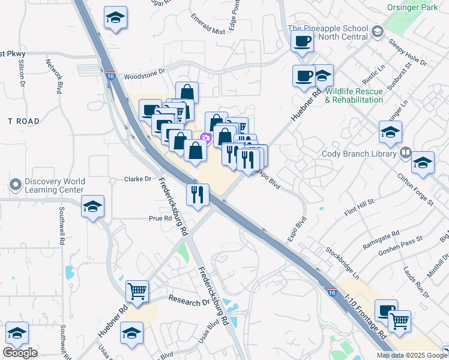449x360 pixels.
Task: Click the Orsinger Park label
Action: point(414,10)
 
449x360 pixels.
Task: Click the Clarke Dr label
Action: point(137,179)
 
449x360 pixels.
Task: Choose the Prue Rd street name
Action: point(160,218)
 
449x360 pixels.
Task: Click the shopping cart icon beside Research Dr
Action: point(137,292)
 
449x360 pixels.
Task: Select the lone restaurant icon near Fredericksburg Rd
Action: point(197,194)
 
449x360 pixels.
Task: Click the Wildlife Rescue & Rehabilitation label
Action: point(354,95)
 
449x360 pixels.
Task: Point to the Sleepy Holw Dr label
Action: point(408,53)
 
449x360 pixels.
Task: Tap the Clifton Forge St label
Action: point(415,190)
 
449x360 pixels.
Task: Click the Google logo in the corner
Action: point(20,353)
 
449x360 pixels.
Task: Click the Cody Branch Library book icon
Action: point(406,153)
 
